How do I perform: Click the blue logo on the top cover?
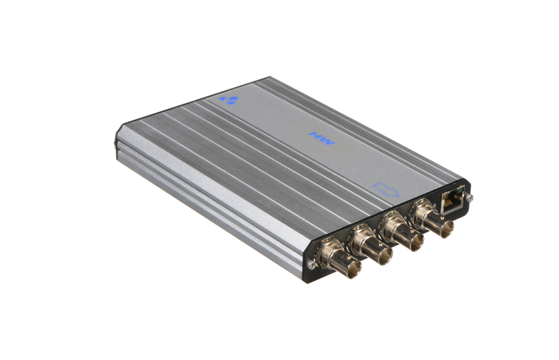(x=228, y=100)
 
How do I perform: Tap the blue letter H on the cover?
(x=316, y=135)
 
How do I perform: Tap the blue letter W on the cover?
(x=327, y=142)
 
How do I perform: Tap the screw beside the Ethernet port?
(x=471, y=197)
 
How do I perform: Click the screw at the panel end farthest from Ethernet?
(x=312, y=264)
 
